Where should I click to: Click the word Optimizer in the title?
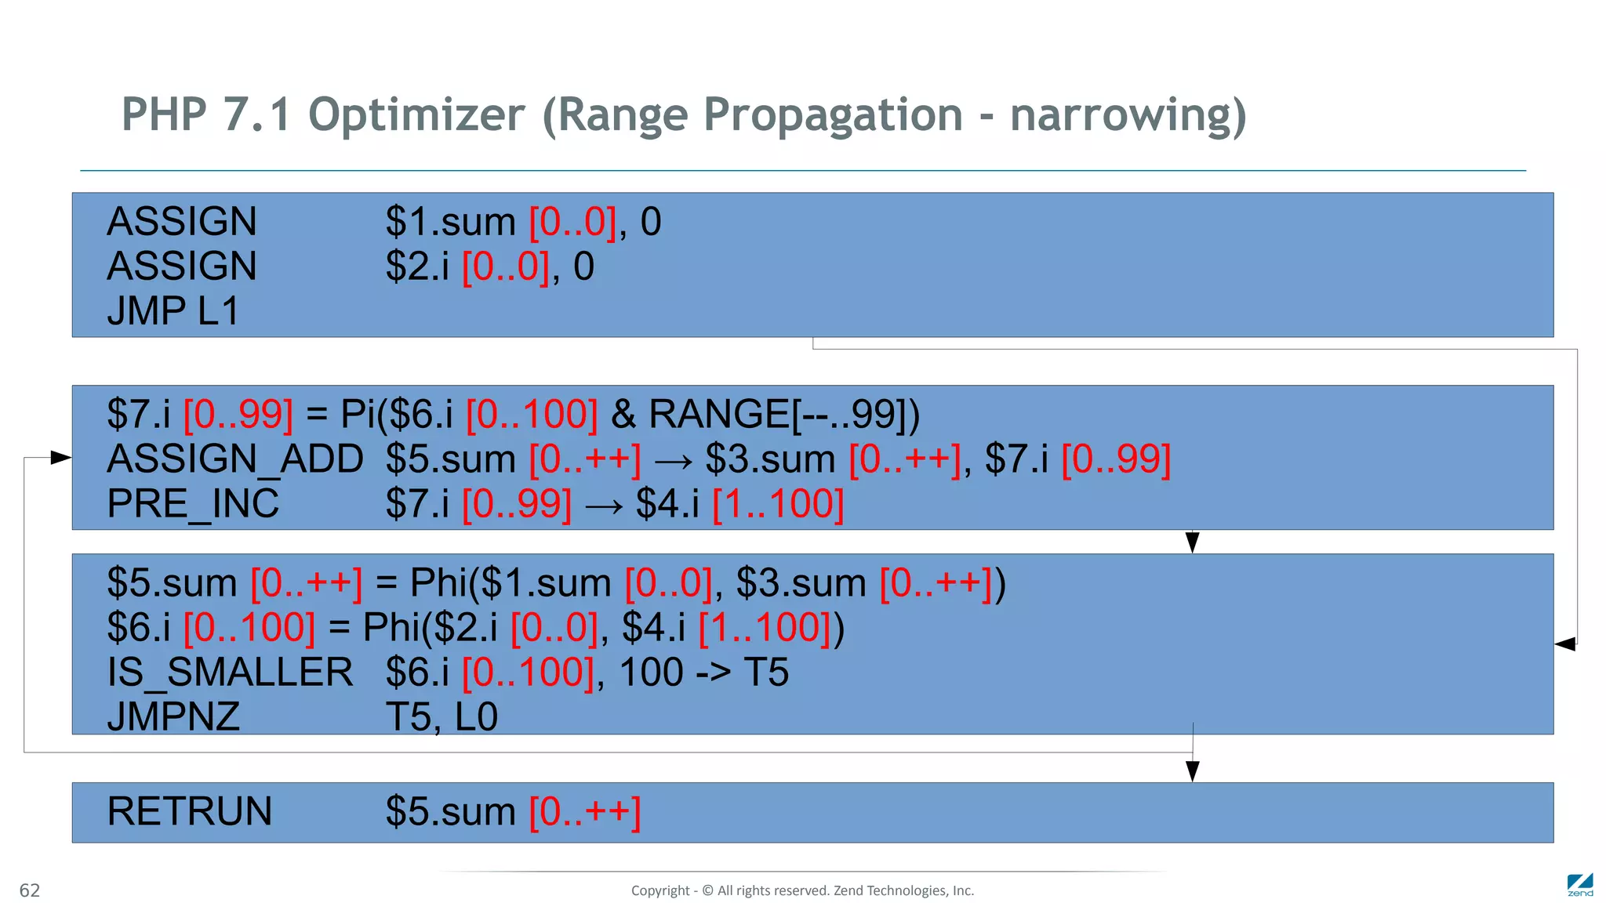tap(416, 115)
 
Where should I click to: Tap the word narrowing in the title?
tap(1128, 115)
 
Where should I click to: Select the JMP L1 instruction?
tap(173, 311)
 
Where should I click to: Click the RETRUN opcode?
tap(189, 811)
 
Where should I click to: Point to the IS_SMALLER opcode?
tap(230, 673)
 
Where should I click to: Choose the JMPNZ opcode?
tap(173, 717)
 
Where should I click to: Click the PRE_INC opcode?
tap(193, 503)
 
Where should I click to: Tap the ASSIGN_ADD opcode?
tap(234, 459)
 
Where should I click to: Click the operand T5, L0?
tap(441, 717)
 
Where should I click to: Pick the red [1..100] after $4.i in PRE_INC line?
tap(777, 503)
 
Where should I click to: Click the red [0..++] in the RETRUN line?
tap(585, 811)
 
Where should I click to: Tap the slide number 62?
tap(29, 890)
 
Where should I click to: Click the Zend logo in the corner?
tap(1579, 885)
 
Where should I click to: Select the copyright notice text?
tap(802, 890)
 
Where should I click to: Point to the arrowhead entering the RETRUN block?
tap(1193, 771)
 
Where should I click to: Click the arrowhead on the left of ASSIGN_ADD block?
tap(60, 457)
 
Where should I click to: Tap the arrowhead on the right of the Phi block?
tap(1565, 644)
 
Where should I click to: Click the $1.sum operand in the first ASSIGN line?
tap(450, 222)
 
